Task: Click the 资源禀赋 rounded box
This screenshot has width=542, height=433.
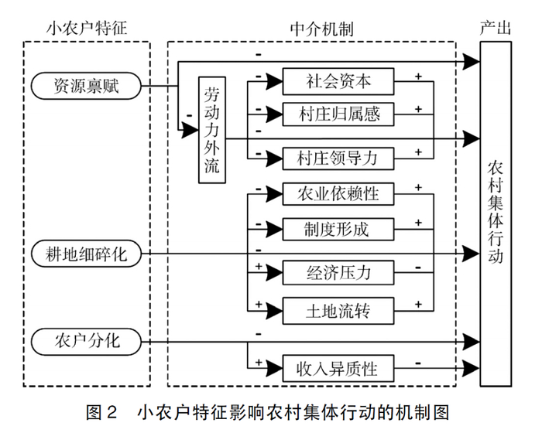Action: pos(86,85)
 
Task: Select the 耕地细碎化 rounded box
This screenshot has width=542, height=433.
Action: pos(86,252)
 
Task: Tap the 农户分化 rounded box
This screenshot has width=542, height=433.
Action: pos(86,339)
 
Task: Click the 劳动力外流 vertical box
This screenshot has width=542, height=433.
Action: pos(211,129)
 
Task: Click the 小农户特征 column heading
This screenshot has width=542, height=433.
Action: pos(86,29)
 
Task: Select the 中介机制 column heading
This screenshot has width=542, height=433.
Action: pos(321,29)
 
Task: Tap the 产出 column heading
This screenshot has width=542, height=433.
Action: pos(496,29)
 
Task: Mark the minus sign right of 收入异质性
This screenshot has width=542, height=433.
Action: pos(418,360)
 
